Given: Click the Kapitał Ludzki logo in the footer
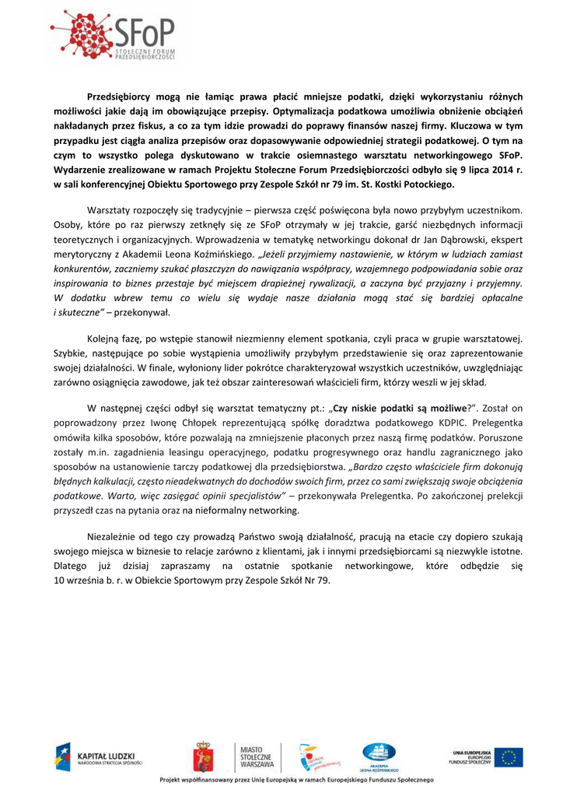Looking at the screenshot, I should [x=98, y=757].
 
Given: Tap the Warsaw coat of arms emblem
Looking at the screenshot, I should [x=204, y=757].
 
